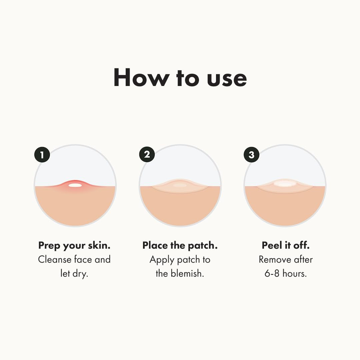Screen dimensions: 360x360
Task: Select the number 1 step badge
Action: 42,155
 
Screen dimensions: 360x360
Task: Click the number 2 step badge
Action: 147,155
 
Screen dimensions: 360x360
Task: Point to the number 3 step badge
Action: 252,155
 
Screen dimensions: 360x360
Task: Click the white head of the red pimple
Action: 75,185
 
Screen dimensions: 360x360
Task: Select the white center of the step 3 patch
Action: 284,183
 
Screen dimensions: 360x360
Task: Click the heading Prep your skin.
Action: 74,246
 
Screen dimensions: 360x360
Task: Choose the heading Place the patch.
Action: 180,246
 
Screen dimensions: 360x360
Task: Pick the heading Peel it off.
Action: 286,246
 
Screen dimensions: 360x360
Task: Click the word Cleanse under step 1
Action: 55,260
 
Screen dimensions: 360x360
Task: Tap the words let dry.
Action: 74,274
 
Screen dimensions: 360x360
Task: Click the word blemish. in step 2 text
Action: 187,274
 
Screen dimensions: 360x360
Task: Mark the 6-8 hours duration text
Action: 286,274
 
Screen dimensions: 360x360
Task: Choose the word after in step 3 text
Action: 303,260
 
